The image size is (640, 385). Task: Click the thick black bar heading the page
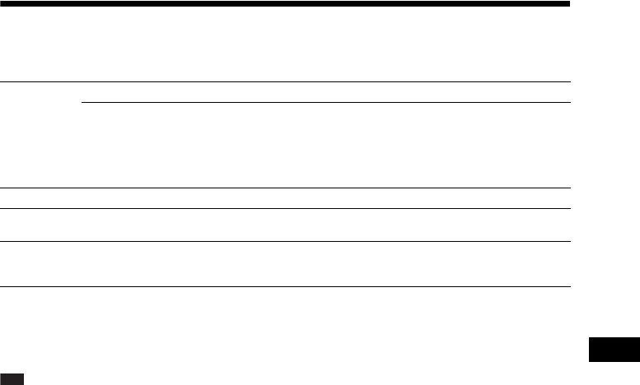pyautogui.click(x=285, y=4)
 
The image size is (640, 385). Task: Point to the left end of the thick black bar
pyautogui.click(x=2, y=4)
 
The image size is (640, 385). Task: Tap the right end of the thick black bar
pyautogui.click(x=569, y=4)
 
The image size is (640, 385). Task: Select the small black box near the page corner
pyautogui.click(x=12, y=378)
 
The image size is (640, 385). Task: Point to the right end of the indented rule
pyautogui.click(x=570, y=103)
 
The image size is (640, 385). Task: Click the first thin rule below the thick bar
pyautogui.click(x=285, y=82)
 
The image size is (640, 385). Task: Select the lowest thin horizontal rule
pyautogui.click(x=285, y=286)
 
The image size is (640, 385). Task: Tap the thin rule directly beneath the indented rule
pyautogui.click(x=285, y=188)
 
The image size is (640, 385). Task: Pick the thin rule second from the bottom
pyautogui.click(x=285, y=241)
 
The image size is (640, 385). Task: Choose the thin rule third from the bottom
pyautogui.click(x=285, y=209)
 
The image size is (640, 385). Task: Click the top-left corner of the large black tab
pyautogui.click(x=589, y=337)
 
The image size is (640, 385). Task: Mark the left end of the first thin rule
pyautogui.click(x=1, y=82)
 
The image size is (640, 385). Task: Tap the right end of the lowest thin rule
pyautogui.click(x=570, y=286)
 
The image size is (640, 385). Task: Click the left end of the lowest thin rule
pyautogui.click(x=1, y=286)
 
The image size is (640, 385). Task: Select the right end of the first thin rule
pyautogui.click(x=570, y=82)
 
